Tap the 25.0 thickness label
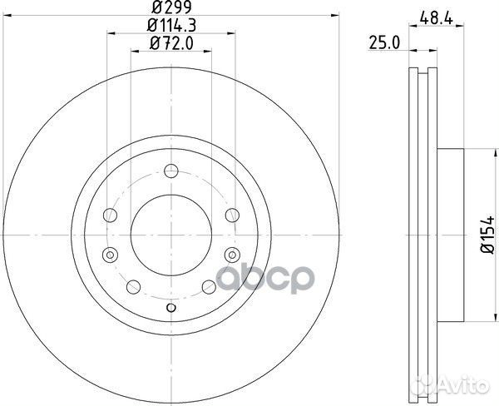point(381,41)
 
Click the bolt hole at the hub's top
point(170,172)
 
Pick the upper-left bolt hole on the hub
point(108,216)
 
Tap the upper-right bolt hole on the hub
point(233,216)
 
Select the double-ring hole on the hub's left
point(108,254)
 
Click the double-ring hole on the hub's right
point(233,254)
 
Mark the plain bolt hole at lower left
point(133,285)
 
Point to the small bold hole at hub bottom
point(170,309)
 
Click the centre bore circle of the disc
point(170,235)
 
